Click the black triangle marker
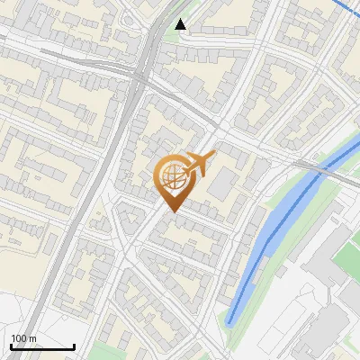click(x=181, y=24)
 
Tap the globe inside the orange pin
click(x=171, y=176)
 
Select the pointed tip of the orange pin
click(x=172, y=211)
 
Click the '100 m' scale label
click(x=24, y=338)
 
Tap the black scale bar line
click(x=42, y=346)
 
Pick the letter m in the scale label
click(x=33, y=338)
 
